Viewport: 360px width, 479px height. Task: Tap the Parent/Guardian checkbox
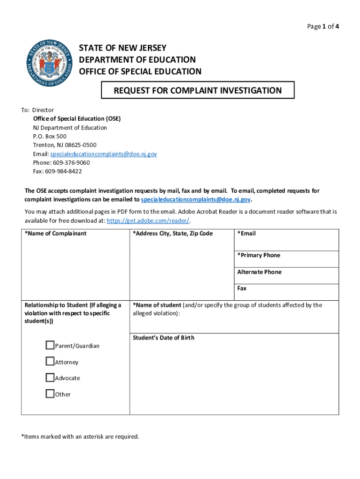[50, 346]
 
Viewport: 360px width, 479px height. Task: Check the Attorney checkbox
[50, 362]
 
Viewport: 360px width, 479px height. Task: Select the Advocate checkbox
[50, 377]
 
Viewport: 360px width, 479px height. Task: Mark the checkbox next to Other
[50, 394]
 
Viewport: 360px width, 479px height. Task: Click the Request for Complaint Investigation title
[198, 90]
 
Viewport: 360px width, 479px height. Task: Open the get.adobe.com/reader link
[148, 220]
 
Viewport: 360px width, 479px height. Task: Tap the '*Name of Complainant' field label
[56, 233]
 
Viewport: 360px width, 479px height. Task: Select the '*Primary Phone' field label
[259, 255]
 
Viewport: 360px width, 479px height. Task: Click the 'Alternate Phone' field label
[259, 272]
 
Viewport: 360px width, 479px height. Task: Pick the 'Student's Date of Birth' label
[163, 338]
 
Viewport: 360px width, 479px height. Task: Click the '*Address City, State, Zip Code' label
[173, 233]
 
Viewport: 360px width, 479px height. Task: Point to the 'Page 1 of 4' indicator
[323, 27]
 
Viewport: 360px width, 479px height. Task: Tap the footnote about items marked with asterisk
[80, 436]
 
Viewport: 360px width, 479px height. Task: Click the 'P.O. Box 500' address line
[50, 137]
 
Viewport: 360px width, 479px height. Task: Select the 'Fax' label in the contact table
[242, 289]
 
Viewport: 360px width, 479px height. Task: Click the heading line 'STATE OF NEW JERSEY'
[122, 49]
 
